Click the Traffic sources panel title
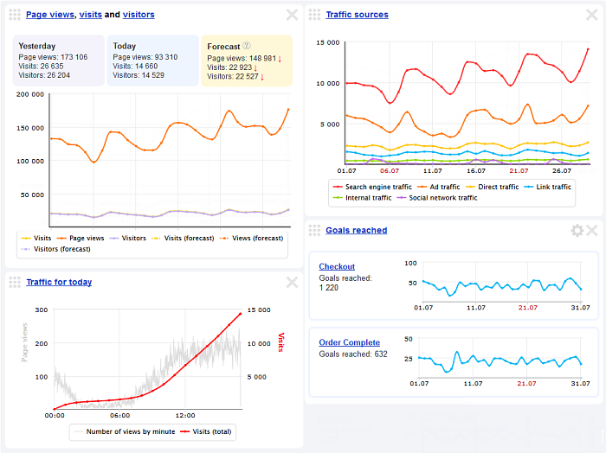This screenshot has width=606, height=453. click(x=357, y=15)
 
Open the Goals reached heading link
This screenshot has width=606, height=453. click(x=356, y=230)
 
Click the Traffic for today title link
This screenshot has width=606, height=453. click(x=59, y=282)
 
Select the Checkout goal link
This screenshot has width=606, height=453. click(x=336, y=266)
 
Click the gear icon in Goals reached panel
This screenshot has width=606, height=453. click(x=577, y=230)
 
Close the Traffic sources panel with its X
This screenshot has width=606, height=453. click(x=592, y=15)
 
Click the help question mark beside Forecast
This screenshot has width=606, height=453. click(x=247, y=46)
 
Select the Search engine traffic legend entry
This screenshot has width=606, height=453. click(x=375, y=187)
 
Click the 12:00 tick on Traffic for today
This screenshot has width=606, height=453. click(x=185, y=415)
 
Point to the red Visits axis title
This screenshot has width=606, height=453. click(x=280, y=343)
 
